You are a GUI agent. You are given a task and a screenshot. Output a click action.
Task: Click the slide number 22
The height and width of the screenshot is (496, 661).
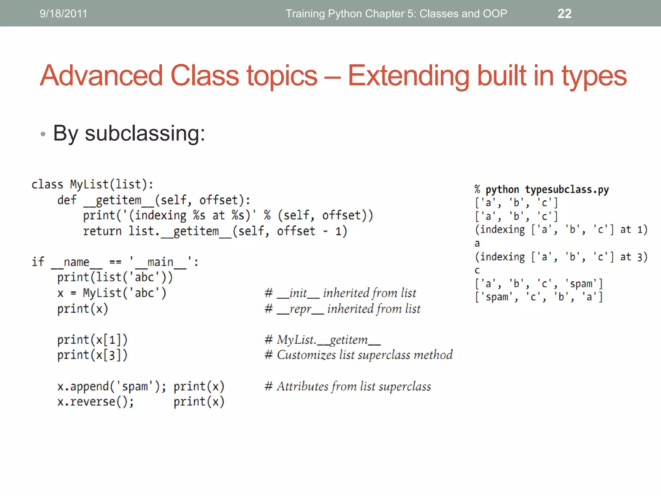pyautogui.click(x=564, y=14)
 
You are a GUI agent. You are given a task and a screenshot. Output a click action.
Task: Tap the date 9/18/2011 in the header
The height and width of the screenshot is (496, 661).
pyautogui.click(x=63, y=14)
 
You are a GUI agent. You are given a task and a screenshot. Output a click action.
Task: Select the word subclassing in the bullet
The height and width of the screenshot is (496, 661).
pyautogui.click(x=145, y=133)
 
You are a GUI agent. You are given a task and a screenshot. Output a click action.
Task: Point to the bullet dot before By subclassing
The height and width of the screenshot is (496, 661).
pyautogui.click(x=43, y=134)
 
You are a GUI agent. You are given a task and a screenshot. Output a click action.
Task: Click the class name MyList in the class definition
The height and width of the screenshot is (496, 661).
pyautogui.click(x=89, y=184)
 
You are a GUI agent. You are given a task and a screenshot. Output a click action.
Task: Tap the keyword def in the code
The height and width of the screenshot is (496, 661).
pyautogui.click(x=67, y=200)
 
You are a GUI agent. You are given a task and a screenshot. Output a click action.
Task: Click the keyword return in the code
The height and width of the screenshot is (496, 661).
pyautogui.click(x=102, y=231)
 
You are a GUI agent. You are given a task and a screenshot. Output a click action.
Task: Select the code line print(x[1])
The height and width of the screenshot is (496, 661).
pyautogui.click(x=92, y=340)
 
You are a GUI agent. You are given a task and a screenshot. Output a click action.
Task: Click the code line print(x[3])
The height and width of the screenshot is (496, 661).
pyautogui.click(x=92, y=355)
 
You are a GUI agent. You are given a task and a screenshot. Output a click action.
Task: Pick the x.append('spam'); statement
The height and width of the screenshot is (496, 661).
pyautogui.click(x=112, y=387)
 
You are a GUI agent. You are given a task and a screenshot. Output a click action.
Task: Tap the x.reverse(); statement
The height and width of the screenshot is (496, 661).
pyautogui.click(x=96, y=402)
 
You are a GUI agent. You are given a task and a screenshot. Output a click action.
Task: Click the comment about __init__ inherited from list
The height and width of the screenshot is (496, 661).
pyautogui.click(x=340, y=293)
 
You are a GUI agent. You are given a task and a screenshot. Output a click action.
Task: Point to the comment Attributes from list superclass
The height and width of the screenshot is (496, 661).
pyautogui.click(x=348, y=387)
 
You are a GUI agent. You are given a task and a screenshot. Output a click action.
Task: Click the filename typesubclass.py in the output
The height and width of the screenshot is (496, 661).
pyautogui.click(x=567, y=190)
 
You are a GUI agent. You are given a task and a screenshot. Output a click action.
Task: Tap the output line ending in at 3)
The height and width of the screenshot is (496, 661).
pyautogui.click(x=561, y=257)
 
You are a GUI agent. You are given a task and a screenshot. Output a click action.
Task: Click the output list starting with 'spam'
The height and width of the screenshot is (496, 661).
pyautogui.click(x=538, y=297)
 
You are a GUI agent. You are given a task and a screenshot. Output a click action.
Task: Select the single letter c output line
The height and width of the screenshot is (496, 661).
pyautogui.click(x=477, y=270)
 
